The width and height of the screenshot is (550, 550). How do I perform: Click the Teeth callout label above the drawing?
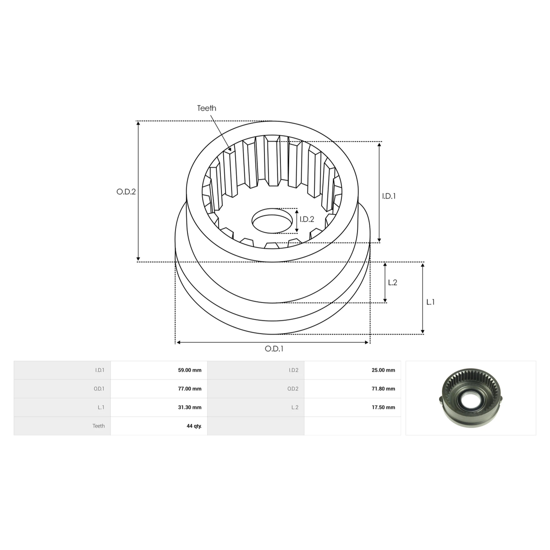click(207, 108)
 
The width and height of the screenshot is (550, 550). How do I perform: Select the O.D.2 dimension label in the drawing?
click(126, 192)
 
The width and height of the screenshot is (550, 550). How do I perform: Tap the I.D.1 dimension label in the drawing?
click(389, 196)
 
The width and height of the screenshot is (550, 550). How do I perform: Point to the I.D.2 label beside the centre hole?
click(307, 219)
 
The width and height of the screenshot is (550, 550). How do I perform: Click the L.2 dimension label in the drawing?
click(393, 282)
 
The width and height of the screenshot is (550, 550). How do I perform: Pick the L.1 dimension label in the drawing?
click(430, 302)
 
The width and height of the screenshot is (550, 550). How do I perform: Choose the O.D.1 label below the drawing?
click(274, 349)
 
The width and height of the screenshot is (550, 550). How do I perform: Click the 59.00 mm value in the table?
click(190, 370)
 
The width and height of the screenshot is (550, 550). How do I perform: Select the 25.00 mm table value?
click(383, 370)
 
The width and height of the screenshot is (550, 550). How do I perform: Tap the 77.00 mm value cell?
click(190, 389)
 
